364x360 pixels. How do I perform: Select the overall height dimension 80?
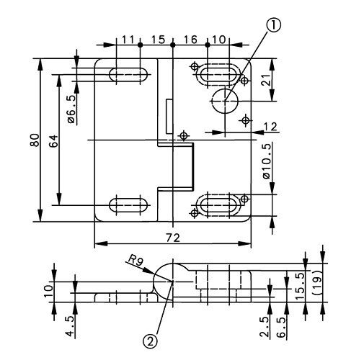33,139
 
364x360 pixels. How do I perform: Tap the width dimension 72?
172,236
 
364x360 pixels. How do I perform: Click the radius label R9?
136,258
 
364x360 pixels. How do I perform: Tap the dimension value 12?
270,127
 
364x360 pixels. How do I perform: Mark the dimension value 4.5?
69,322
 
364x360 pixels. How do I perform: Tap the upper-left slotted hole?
128,74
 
